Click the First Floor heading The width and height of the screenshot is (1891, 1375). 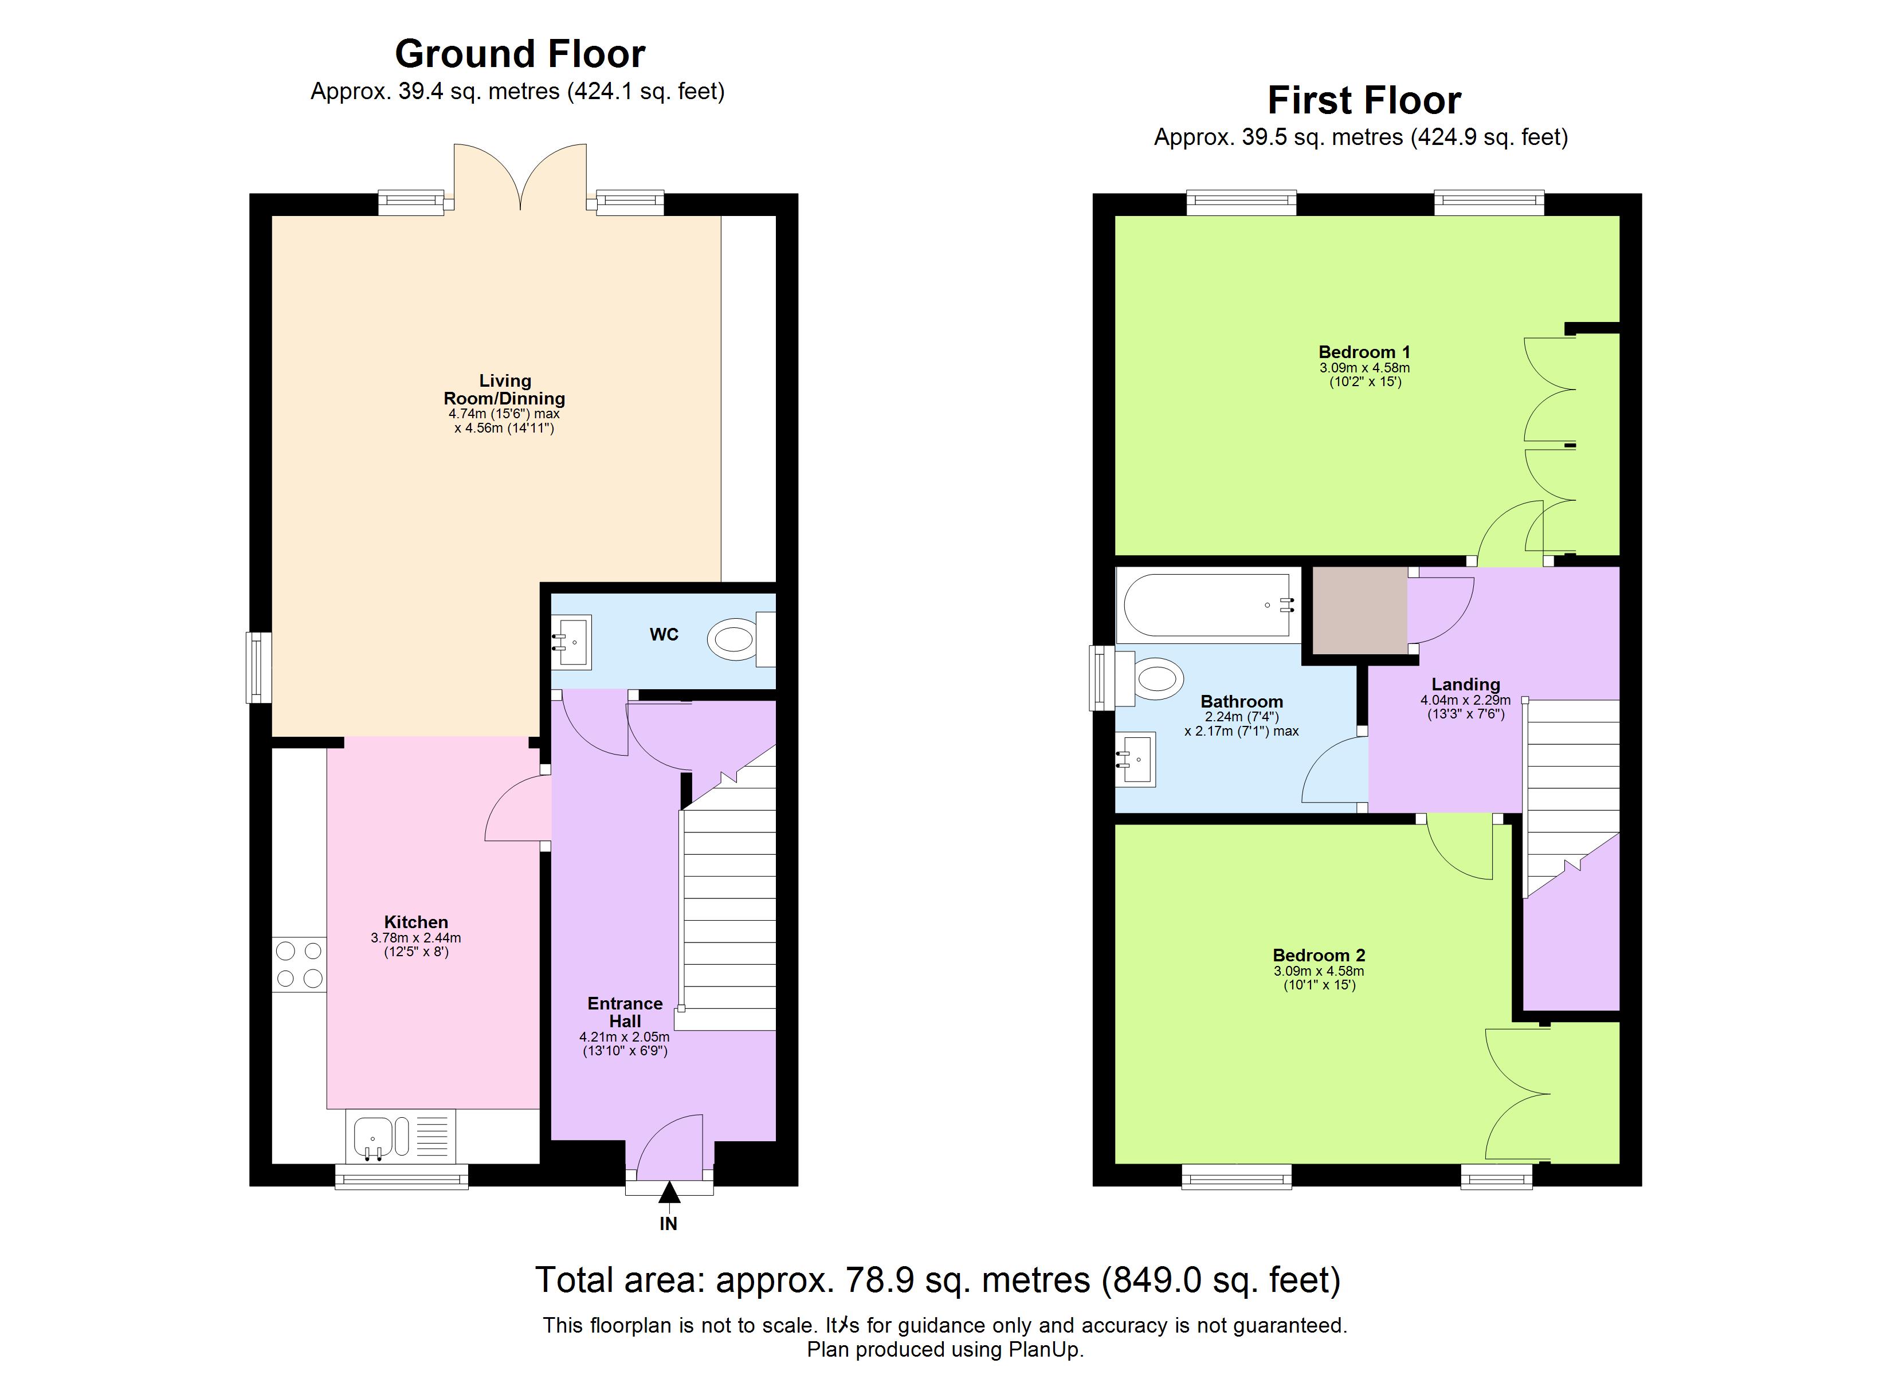point(1364,101)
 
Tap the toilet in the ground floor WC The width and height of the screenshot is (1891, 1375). point(733,639)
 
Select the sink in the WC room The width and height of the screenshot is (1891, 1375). point(572,642)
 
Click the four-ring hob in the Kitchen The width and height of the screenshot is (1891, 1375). point(299,965)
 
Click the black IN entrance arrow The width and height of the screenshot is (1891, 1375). point(669,1193)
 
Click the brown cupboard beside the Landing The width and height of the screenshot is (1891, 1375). point(1360,610)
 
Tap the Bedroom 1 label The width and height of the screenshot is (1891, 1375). point(1364,352)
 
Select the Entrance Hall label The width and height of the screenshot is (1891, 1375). point(625,1012)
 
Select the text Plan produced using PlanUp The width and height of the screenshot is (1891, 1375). point(945,1350)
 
